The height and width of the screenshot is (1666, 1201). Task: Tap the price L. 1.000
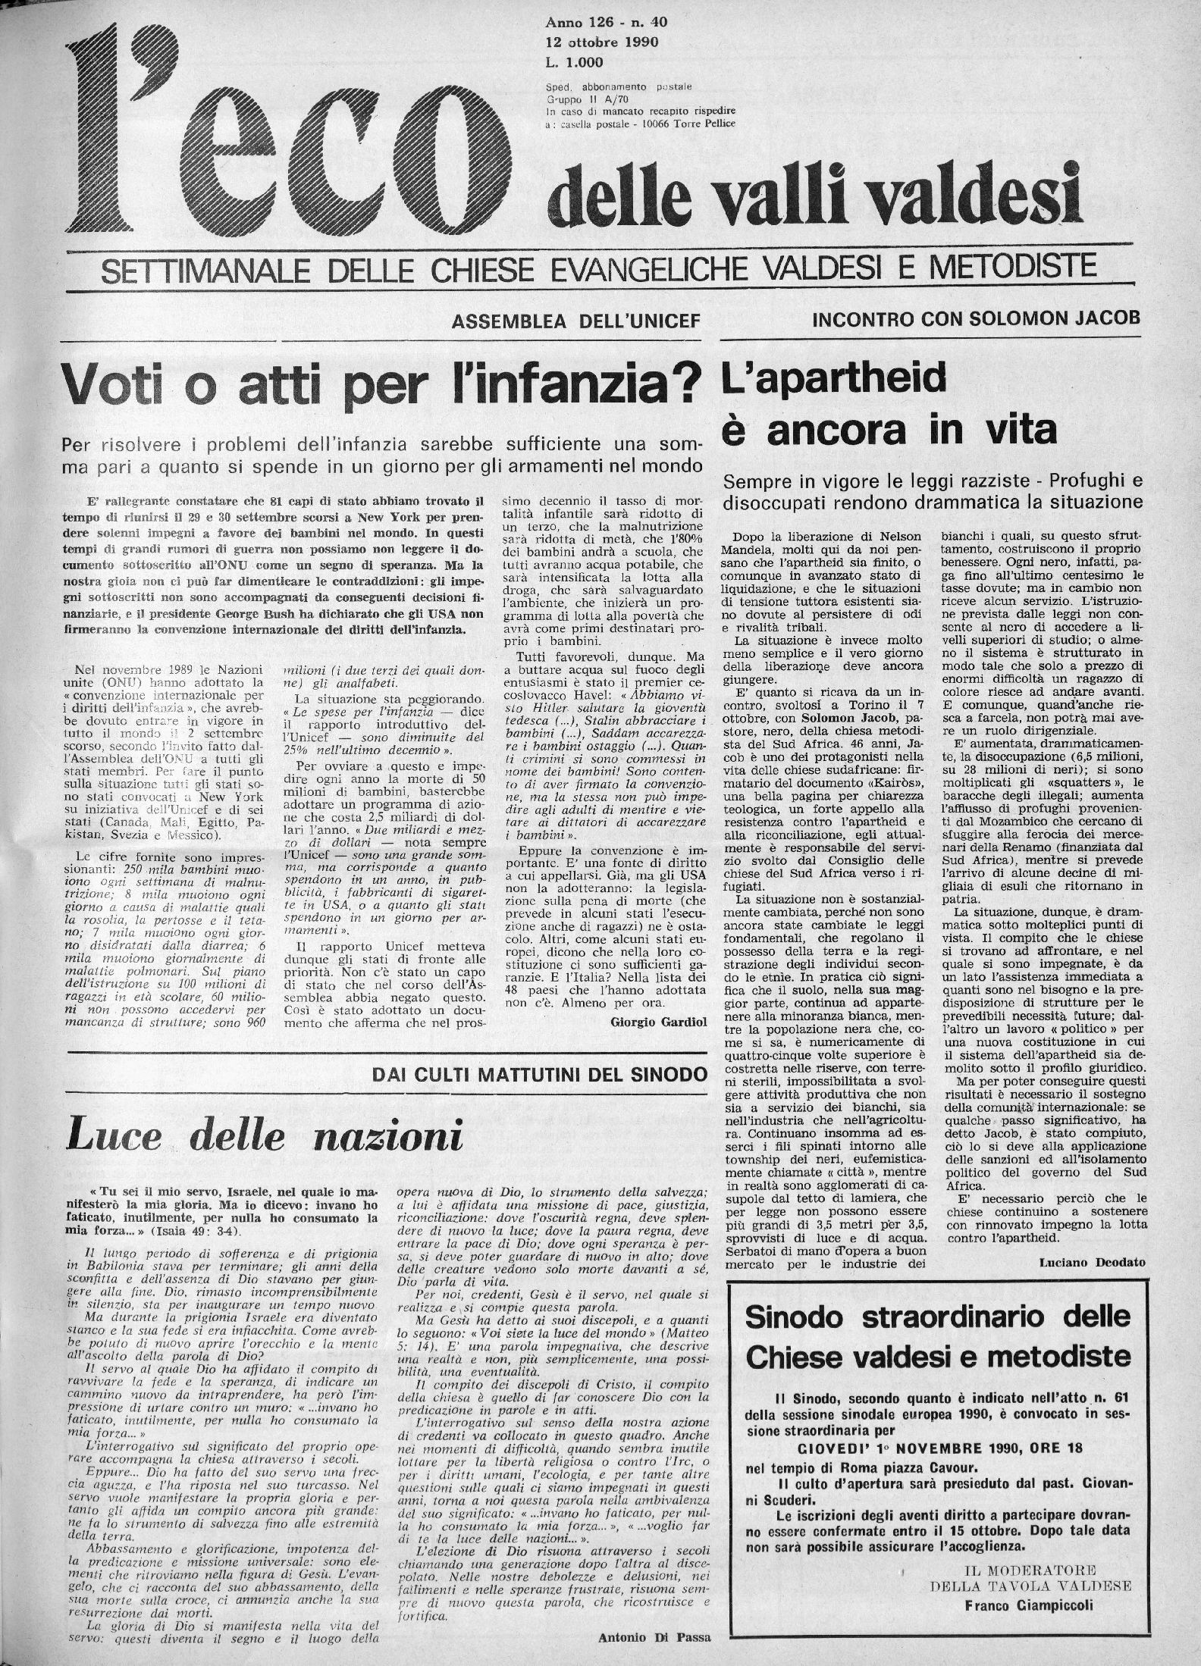pyautogui.click(x=574, y=64)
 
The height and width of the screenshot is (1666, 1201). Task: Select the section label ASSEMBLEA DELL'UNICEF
pyautogui.click(x=575, y=322)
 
